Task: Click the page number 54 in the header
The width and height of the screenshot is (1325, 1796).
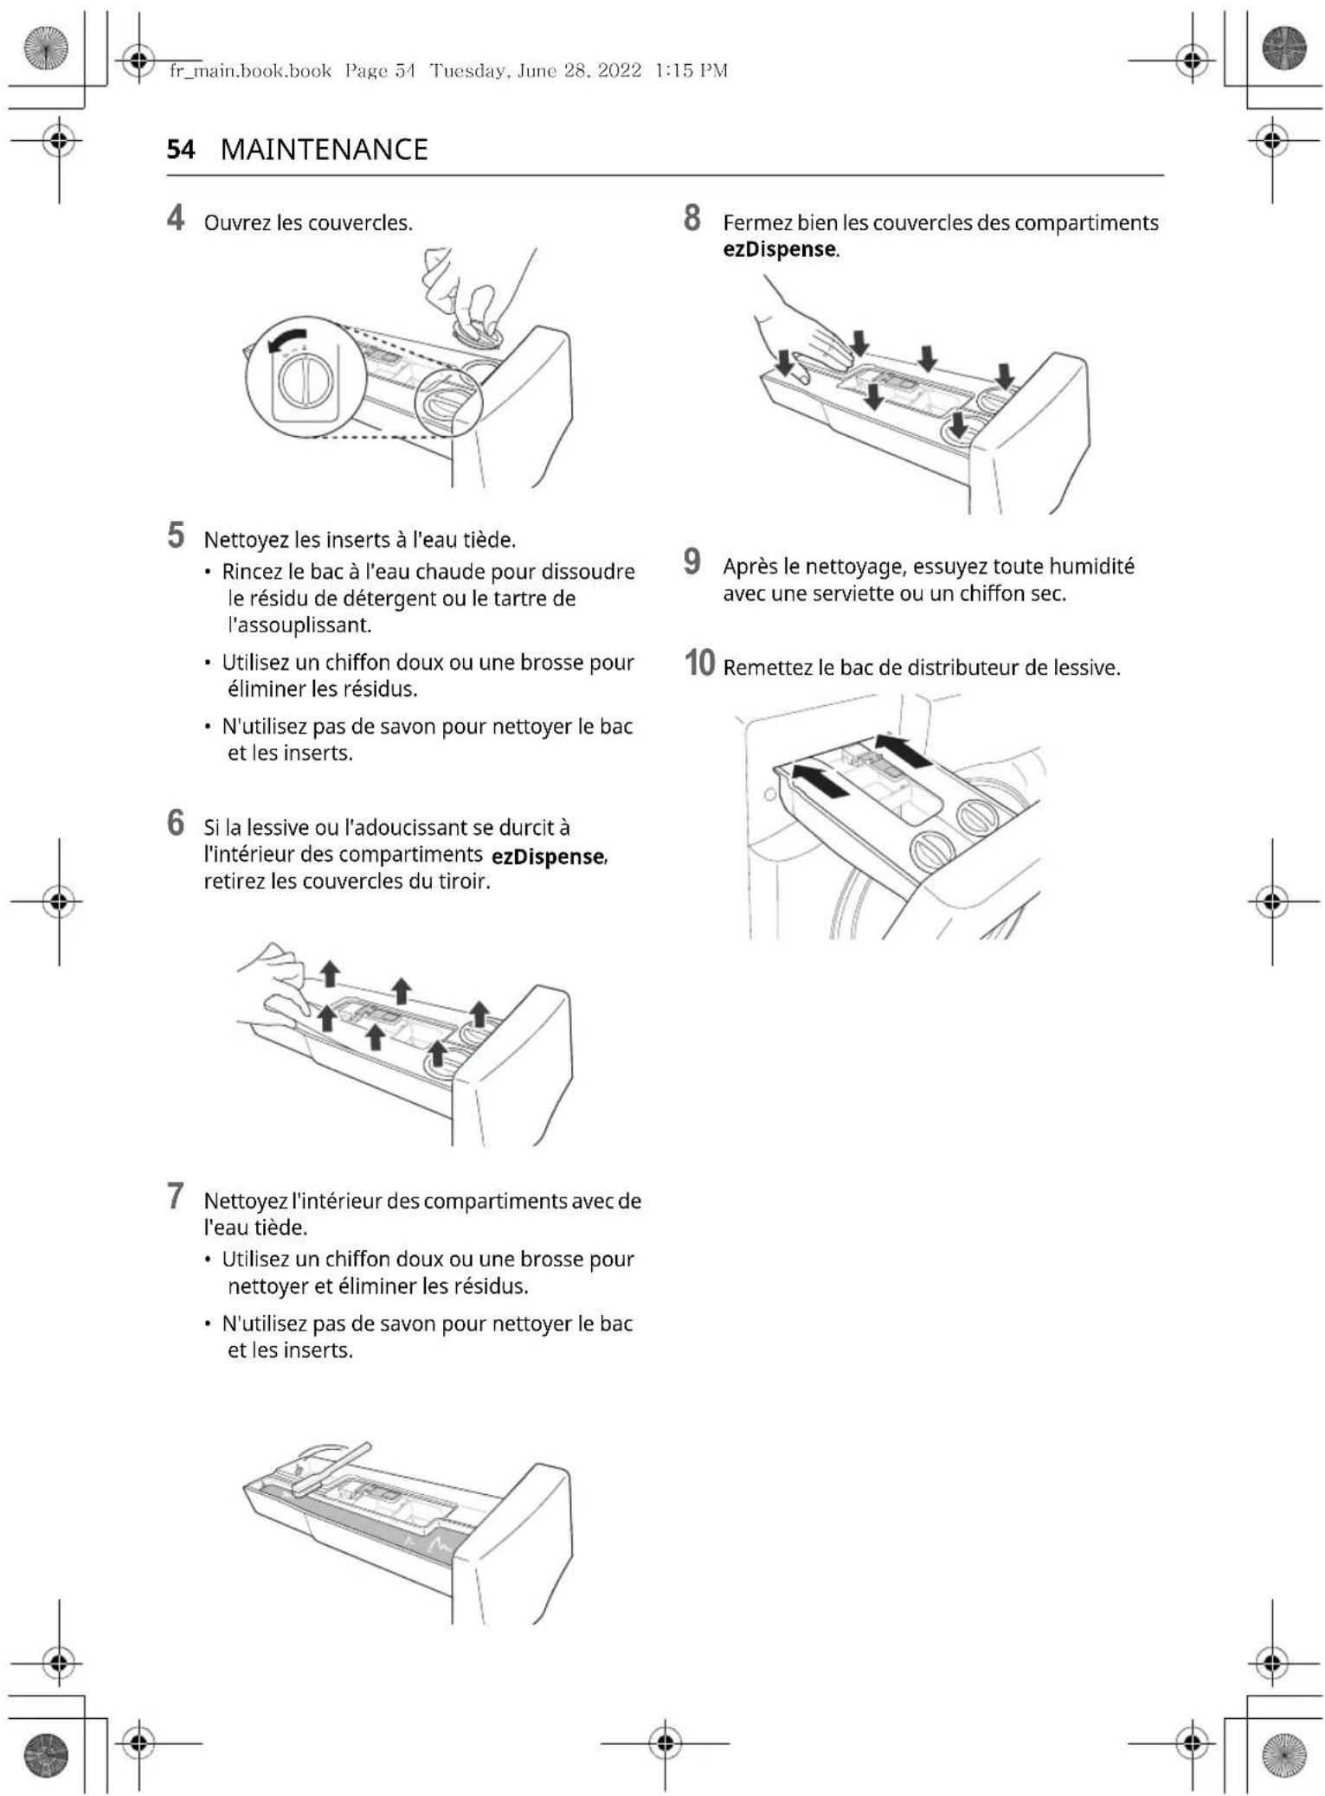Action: coord(180,150)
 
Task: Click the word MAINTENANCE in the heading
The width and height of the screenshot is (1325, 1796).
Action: coord(324,150)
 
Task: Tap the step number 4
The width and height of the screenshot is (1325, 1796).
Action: coord(176,219)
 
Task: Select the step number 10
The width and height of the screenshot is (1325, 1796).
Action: coord(699,664)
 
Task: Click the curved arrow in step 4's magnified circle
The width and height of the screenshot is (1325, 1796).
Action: coord(288,341)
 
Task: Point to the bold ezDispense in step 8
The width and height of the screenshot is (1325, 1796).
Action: coord(779,250)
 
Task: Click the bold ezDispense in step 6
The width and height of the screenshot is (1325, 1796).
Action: coord(548,856)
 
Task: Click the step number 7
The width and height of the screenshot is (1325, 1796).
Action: coord(176,1196)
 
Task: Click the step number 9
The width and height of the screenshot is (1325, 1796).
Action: coord(692,561)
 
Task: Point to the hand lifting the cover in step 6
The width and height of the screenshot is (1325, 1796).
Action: coord(277,986)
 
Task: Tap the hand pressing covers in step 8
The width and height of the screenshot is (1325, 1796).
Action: coord(801,333)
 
